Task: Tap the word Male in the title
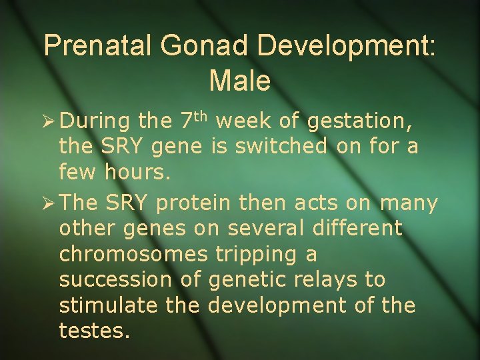239,81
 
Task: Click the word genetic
249,279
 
